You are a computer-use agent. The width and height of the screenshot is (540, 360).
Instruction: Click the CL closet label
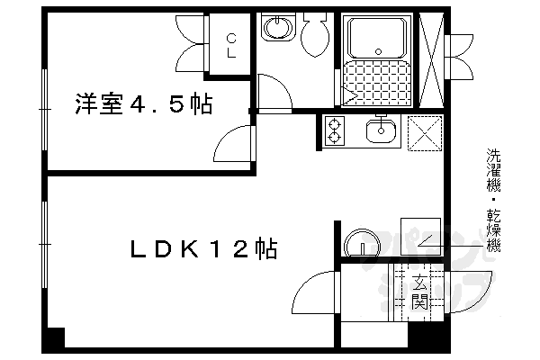point(231,44)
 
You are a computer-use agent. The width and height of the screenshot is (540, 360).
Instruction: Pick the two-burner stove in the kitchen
point(336,132)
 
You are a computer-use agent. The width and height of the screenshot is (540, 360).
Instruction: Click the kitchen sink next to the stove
point(382,132)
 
